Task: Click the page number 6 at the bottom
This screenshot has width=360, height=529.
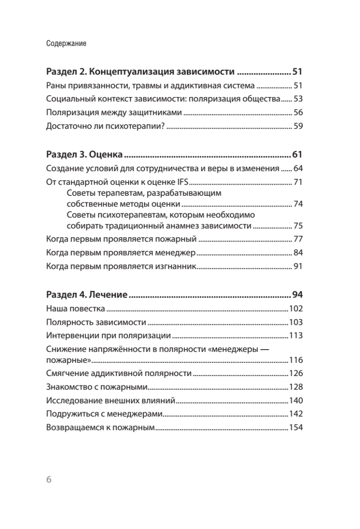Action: (49, 479)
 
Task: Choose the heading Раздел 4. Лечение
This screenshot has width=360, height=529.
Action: (87, 294)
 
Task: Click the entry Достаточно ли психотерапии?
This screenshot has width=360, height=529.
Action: (105, 127)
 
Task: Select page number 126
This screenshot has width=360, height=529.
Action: (295, 374)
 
